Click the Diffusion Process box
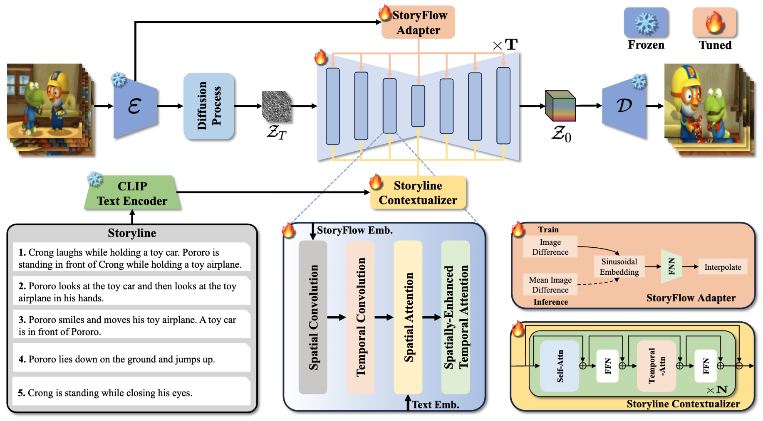pyautogui.click(x=209, y=106)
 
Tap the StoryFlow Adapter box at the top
pyautogui.click(x=419, y=22)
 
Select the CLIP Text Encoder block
pyautogui.click(x=132, y=193)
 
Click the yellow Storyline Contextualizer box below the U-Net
pyautogui.click(x=418, y=193)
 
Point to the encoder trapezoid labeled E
pyautogui.click(x=136, y=106)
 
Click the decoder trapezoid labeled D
pyautogui.click(x=624, y=106)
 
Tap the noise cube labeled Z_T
pyautogui.click(x=277, y=106)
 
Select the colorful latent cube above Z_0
pyautogui.click(x=560, y=106)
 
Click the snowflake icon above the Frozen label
pyautogui.click(x=646, y=22)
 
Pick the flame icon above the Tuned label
pyautogui.click(x=714, y=22)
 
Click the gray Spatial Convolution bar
pyautogui.click(x=313, y=317)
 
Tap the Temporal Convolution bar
pyautogui.click(x=361, y=317)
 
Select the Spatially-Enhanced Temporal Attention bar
pyautogui.click(x=456, y=317)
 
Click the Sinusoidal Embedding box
pyautogui.click(x=619, y=267)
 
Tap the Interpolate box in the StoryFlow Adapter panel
pyautogui.click(x=723, y=267)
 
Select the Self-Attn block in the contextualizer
pyautogui.click(x=560, y=366)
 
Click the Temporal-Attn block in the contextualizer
pyautogui.click(x=656, y=366)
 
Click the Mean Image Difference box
pyautogui.click(x=550, y=285)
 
